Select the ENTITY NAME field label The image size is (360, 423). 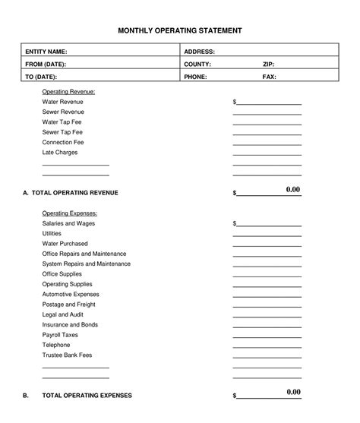[46, 51]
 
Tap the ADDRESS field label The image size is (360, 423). [200, 51]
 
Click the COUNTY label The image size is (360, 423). [197, 64]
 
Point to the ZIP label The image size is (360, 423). [268, 64]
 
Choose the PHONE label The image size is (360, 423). [196, 77]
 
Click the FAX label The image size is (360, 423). [269, 77]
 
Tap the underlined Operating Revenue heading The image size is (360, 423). [68, 92]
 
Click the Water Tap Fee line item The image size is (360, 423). [62, 122]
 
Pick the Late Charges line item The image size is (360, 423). [60, 152]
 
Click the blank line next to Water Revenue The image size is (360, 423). [267, 103]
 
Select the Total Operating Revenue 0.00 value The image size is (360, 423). [293, 189]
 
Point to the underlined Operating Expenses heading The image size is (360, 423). [70, 213]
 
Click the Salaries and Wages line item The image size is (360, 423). [68, 224]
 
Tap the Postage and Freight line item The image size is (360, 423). [68, 305]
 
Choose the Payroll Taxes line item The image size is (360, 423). [60, 335]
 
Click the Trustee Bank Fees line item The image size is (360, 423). [67, 355]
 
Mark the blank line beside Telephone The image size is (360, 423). [267, 346]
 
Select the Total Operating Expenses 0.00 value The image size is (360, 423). [293, 392]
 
